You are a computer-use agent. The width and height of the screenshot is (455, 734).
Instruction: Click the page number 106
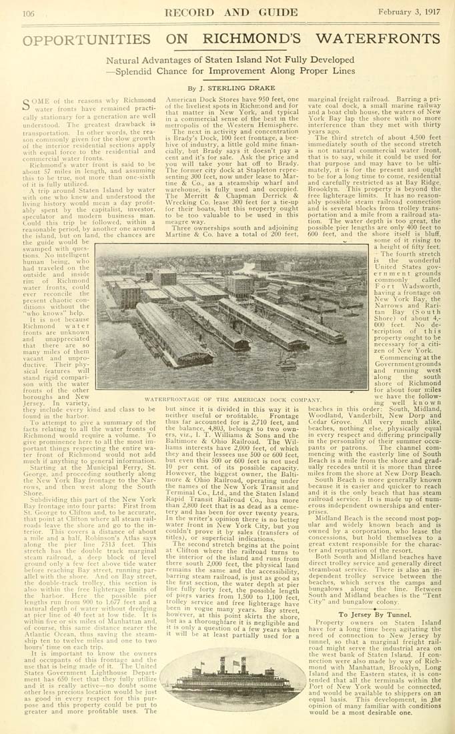[x=28, y=13]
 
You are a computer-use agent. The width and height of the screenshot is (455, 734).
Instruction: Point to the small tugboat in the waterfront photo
[x=287, y=366]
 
